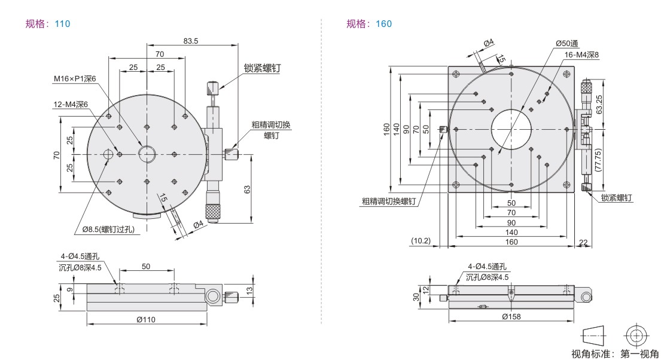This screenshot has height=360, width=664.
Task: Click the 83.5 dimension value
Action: click(x=191, y=41)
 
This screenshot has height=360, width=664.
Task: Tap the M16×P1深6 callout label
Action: click(x=75, y=78)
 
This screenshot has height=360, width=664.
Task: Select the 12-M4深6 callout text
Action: click(x=70, y=104)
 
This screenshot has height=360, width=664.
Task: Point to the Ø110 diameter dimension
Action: click(x=145, y=320)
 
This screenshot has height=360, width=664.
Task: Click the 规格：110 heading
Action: click(x=48, y=24)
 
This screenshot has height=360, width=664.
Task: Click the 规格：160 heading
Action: click(x=369, y=24)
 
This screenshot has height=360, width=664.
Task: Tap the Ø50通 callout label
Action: click(x=566, y=44)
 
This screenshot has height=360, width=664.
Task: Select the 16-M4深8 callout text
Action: click(x=582, y=54)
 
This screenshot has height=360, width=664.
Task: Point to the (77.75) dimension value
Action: click(x=600, y=160)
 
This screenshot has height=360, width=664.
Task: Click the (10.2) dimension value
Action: click(x=421, y=242)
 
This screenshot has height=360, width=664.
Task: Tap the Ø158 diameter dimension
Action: click(x=511, y=316)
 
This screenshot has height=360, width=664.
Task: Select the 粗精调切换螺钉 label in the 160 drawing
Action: click(x=388, y=202)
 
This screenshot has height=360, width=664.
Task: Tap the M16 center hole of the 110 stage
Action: click(x=147, y=154)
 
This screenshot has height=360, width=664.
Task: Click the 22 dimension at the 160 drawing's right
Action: click(x=583, y=242)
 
